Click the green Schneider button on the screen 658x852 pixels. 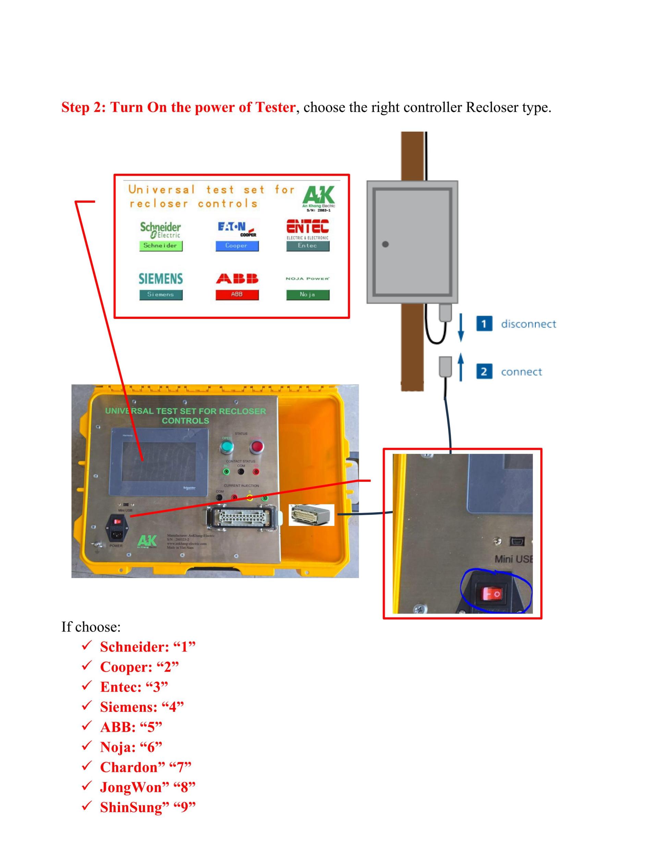pos(161,246)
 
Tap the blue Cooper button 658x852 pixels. pos(237,246)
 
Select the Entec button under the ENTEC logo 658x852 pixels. pos(308,246)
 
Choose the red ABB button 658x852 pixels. pos(237,295)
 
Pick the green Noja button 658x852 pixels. pos(308,295)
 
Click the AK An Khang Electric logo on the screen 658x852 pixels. pos(318,198)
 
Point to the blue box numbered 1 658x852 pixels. pos(484,324)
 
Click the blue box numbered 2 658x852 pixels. pos(484,371)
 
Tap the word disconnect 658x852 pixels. pos(528,324)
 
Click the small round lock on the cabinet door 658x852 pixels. pos(385,244)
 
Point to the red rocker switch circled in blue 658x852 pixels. pos(492,594)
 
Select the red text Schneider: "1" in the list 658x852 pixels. pos(147,647)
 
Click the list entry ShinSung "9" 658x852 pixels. pos(147,807)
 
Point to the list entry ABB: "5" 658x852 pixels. pos(131,727)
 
